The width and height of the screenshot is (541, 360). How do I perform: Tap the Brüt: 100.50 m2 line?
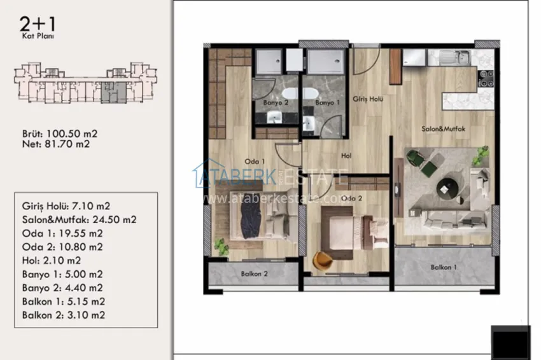[59, 134]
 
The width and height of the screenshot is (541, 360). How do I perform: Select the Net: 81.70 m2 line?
[55, 144]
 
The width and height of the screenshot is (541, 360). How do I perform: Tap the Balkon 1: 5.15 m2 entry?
[63, 301]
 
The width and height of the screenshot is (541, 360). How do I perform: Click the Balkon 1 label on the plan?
[444, 267]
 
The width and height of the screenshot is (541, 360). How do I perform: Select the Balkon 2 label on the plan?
[254, 274]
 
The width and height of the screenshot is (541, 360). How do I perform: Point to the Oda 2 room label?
[351, 198]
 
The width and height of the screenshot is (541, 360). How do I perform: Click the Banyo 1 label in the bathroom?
[328, 102]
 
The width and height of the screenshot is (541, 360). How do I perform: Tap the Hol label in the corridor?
[346, 155]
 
